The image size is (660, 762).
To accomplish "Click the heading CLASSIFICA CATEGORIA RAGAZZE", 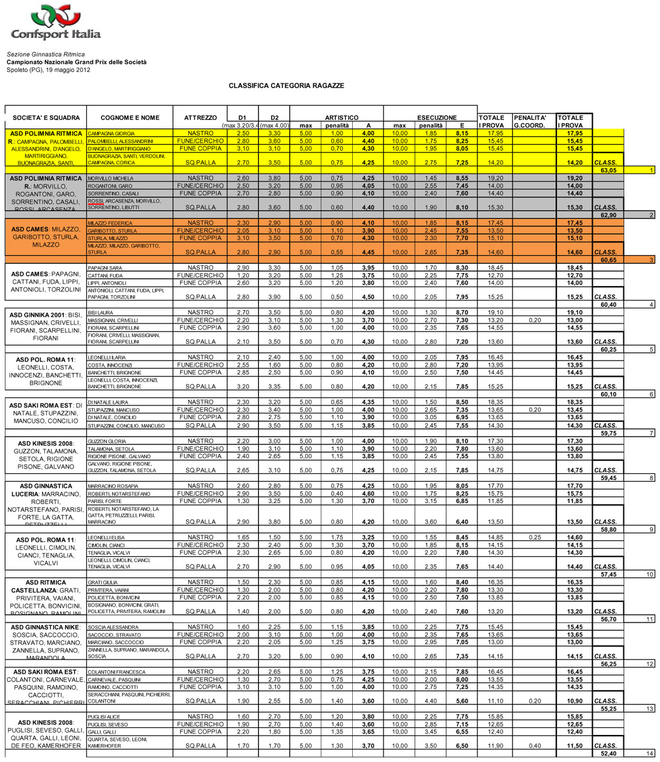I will tap(286, 86).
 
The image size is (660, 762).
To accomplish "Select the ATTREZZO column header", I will tap(200, 118).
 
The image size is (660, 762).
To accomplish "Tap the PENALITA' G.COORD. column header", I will tap(530, 121).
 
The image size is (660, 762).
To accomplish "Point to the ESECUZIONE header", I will tap(436, 118).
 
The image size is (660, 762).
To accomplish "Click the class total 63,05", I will tap(608, 170).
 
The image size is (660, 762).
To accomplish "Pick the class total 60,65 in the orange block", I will tap(608, 260).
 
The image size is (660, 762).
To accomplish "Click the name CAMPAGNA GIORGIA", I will tap(112, 134).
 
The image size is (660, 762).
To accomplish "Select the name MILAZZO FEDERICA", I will tap(110, 223).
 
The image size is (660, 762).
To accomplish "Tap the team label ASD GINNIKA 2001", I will tap(38, 315).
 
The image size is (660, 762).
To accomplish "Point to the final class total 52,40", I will tap(608, 754).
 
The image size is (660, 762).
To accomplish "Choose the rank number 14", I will tap(649, 754).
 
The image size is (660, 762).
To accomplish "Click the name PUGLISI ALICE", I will tap(104, 717).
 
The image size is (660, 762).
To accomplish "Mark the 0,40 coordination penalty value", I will tap(535, 746).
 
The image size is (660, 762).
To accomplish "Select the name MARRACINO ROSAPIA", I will tap(113, 486).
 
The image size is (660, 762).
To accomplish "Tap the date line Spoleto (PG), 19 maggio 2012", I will tap(49, 70).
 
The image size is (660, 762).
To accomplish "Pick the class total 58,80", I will tap(608, 530).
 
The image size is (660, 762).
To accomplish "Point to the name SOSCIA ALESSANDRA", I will tap(113, 628).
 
